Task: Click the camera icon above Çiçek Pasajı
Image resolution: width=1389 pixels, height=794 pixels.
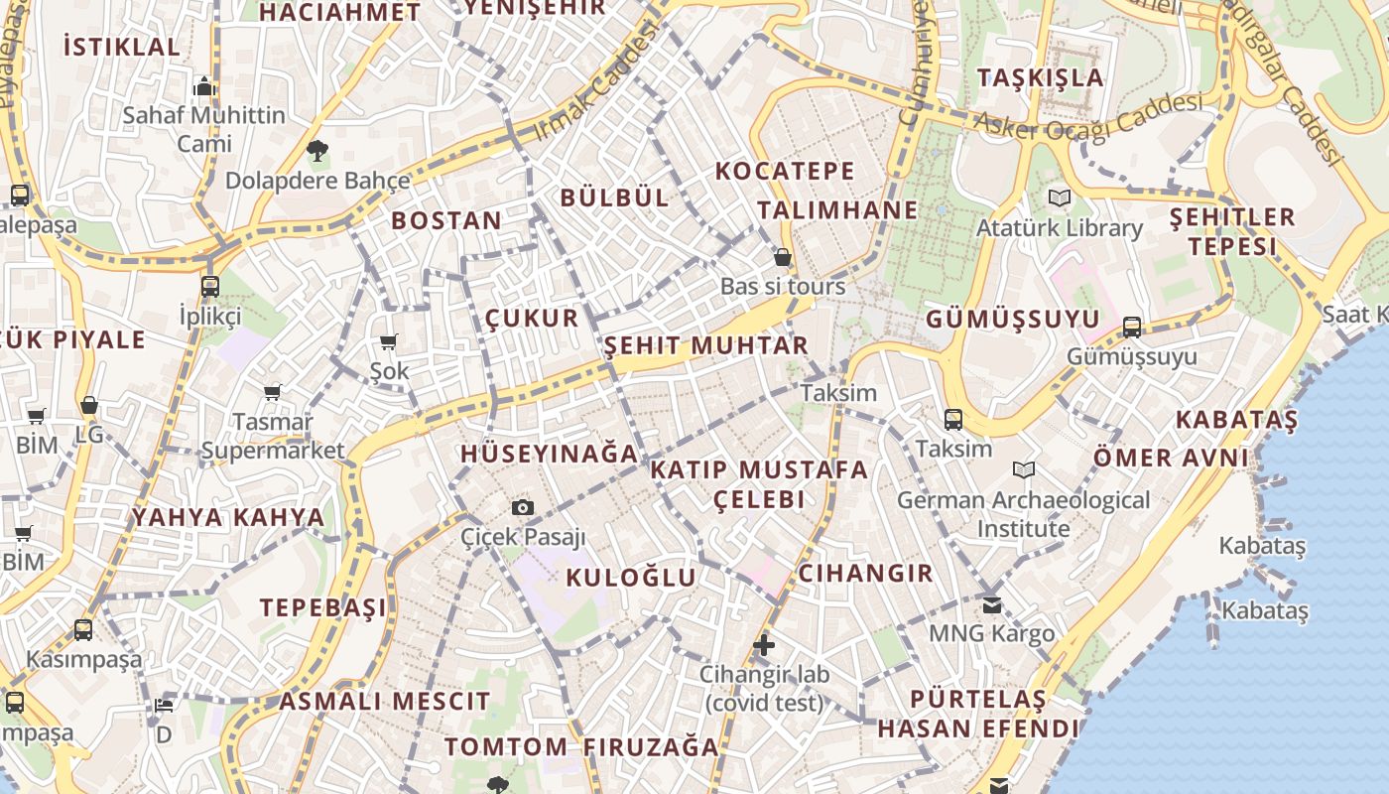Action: coord(523,508)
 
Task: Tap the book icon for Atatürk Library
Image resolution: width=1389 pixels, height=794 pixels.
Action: coord(1060,198)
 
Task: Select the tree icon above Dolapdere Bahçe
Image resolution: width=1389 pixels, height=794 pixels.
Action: coord(317,152)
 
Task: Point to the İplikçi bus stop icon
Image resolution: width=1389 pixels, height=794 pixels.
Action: coord(210,287)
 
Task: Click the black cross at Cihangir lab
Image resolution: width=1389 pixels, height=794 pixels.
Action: coord(763,645)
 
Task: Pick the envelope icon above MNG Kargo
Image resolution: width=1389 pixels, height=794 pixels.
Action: coord(991,604)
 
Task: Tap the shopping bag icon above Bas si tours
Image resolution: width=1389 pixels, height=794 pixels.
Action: coord(783,258)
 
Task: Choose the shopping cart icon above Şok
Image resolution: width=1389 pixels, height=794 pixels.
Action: coord(389,342)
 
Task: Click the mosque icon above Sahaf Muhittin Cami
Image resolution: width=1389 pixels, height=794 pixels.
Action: coord(204,86)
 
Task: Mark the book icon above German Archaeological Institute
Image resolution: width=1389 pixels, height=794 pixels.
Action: coord(1024,469)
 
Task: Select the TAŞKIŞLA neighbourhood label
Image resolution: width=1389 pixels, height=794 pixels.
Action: coord(1040,78)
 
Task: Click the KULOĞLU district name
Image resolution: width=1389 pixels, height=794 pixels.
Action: coord(631,578)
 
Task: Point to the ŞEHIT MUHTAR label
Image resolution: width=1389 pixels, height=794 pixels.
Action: coord(706,345)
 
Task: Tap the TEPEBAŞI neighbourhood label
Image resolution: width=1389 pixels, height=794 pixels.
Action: coord(323,608)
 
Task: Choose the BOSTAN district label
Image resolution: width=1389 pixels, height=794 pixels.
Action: coord(446,220)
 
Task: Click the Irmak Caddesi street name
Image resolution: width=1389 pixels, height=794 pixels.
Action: coord(596,82)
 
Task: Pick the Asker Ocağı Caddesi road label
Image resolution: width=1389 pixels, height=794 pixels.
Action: coord(1088,115)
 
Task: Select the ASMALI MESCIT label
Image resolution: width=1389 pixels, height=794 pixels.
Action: coord(384,702)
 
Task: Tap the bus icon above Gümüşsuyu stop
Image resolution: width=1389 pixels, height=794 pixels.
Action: coord(1132,328)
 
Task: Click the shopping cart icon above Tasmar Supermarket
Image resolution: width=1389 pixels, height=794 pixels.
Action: coord(272,393)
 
